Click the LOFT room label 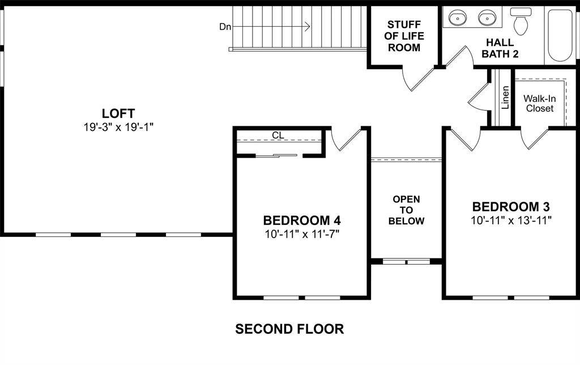[118, 113]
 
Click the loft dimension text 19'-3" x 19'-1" [118, 127]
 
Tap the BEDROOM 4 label [301, 220]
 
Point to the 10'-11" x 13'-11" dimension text [511, 219]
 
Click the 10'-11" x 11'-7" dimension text [301, 233]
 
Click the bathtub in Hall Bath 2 [561, 35]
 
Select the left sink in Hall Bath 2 [458, 18]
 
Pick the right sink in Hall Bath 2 [487, 18]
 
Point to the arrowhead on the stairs [308, 26]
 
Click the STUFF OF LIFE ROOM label [404, 36]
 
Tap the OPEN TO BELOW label [406, 210]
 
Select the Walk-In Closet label [540, 103]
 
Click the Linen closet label [505, 97]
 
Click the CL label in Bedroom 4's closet [278, 135]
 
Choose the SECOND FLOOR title [289, 329]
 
